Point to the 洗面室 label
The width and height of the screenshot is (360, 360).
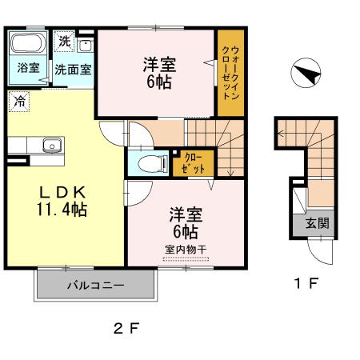pyautogui.click(x=73, y=69)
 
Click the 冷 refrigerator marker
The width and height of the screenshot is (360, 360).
pyautogui.click(x=18, y=102)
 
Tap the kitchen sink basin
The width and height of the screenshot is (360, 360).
pyautogui.click(x=50, y=146)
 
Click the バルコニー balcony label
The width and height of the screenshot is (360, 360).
pyautogui.click(x=94, y=285)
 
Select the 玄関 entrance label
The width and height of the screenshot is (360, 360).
pyautogui.click(x=318, y=223)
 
